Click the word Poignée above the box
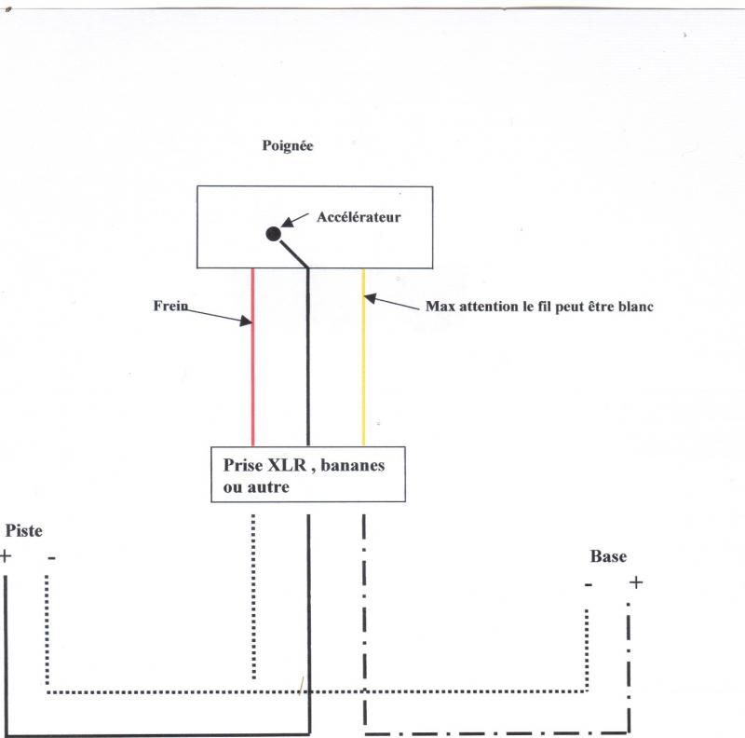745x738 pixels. [x=290, y=146]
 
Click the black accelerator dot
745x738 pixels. [x=273, y=234]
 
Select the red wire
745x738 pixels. [x=252, y=373]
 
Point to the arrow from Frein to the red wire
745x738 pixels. [x=219, y=317]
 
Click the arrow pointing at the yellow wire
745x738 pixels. [x=390, y=302]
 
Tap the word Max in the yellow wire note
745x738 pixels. [x=440, y=306]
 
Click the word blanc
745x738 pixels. [x=632, y=306]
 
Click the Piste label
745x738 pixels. [x=24, y=530]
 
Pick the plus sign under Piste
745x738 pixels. [x=7, y=557]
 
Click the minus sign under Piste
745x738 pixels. [x=50, y=557]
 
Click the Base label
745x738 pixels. [x=608, y=556]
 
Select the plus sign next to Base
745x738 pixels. [x=635, y=583]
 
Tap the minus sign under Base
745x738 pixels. [x=589, y=584]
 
